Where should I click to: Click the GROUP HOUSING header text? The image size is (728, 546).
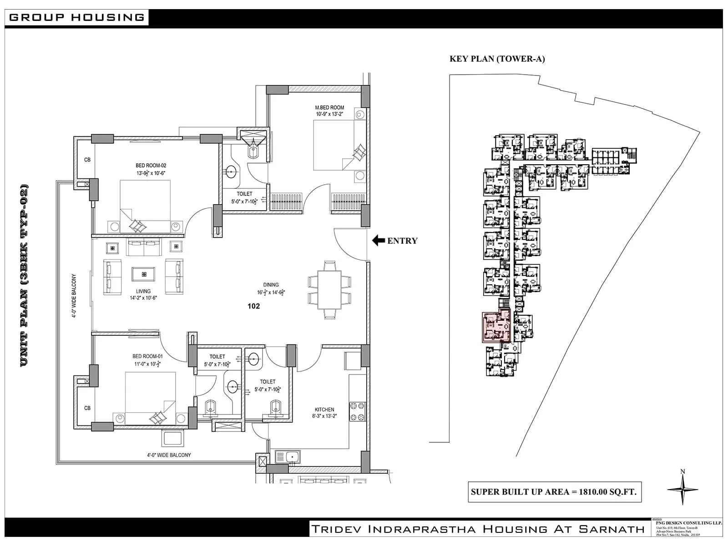76,18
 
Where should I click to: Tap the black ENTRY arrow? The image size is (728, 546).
378,241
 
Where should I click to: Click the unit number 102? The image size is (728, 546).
253,306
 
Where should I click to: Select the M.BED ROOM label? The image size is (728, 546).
329,108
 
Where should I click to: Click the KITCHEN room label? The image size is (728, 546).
324,409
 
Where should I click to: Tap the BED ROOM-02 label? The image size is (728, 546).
148,166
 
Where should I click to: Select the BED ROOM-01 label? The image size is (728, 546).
147,356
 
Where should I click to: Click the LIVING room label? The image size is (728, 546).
143,291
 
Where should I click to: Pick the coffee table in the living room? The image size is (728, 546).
143,274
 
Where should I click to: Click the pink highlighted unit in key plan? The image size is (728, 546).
495,327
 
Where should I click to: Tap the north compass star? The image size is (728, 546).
682,490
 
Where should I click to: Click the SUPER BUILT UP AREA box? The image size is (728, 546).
554,492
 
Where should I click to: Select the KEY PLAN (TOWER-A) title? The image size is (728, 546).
497,59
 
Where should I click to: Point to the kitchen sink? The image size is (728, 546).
287,456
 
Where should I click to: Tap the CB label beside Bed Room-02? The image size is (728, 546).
87,160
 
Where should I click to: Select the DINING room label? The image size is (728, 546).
271,285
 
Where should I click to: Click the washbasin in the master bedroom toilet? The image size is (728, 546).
231,172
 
